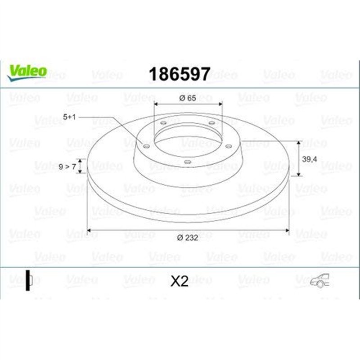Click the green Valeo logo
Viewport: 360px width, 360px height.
[27, 72]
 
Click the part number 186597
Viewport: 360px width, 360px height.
[179, 74]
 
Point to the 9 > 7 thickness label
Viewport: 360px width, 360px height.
[67, 166]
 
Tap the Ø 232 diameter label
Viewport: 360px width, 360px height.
[188, 238]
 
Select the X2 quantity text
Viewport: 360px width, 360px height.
[179, 281]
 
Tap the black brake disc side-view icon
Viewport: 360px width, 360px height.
[28, 280]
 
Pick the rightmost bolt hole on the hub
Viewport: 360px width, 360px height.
[228, 145]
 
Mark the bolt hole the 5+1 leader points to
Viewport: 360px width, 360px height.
[145, 145]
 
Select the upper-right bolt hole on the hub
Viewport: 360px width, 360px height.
[211, 122]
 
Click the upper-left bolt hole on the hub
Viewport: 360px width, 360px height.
[163, 122]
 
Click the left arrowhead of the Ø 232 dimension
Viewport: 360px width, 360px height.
[89, 231]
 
